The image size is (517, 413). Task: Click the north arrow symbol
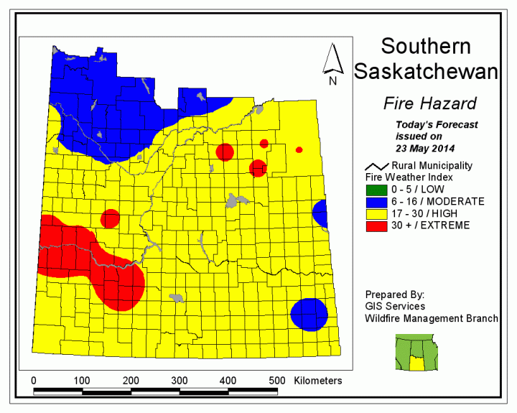332,64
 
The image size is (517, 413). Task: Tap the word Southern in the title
426,47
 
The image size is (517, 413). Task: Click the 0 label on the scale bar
34,380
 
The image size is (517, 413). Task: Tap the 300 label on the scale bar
226,380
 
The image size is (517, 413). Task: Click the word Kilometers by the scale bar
317,380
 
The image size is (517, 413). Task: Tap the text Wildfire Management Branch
432,318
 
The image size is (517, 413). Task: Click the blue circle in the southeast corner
309,314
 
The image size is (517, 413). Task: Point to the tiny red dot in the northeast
299,149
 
